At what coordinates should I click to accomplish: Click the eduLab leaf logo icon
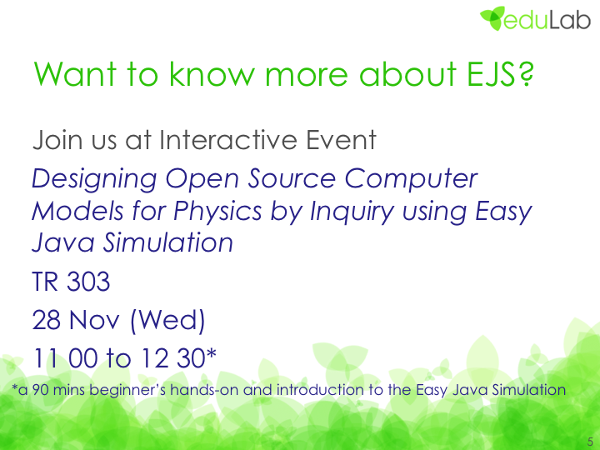coord(492,18)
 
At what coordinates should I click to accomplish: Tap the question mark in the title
coord(526,74)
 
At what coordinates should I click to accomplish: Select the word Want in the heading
coord(75,74)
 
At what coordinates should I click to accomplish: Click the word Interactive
coord(228,140)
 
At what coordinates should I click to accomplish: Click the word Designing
coord(94,179)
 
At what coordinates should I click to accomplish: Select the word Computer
coord(411,179)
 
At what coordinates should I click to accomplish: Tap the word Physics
coord(217,212)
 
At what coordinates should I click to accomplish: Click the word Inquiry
coord(352,212)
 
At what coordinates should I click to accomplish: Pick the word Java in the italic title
coord(63,242)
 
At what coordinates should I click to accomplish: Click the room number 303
coord(88,282)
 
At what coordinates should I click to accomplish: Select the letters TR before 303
coord(46,282)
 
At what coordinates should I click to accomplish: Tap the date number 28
coord(47,320)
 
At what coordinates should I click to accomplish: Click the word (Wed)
coord(167,321)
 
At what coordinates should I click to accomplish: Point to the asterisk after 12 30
coord(212,353)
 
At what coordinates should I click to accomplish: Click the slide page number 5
coord(590,441)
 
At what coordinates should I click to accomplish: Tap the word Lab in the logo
coord(570,20)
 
